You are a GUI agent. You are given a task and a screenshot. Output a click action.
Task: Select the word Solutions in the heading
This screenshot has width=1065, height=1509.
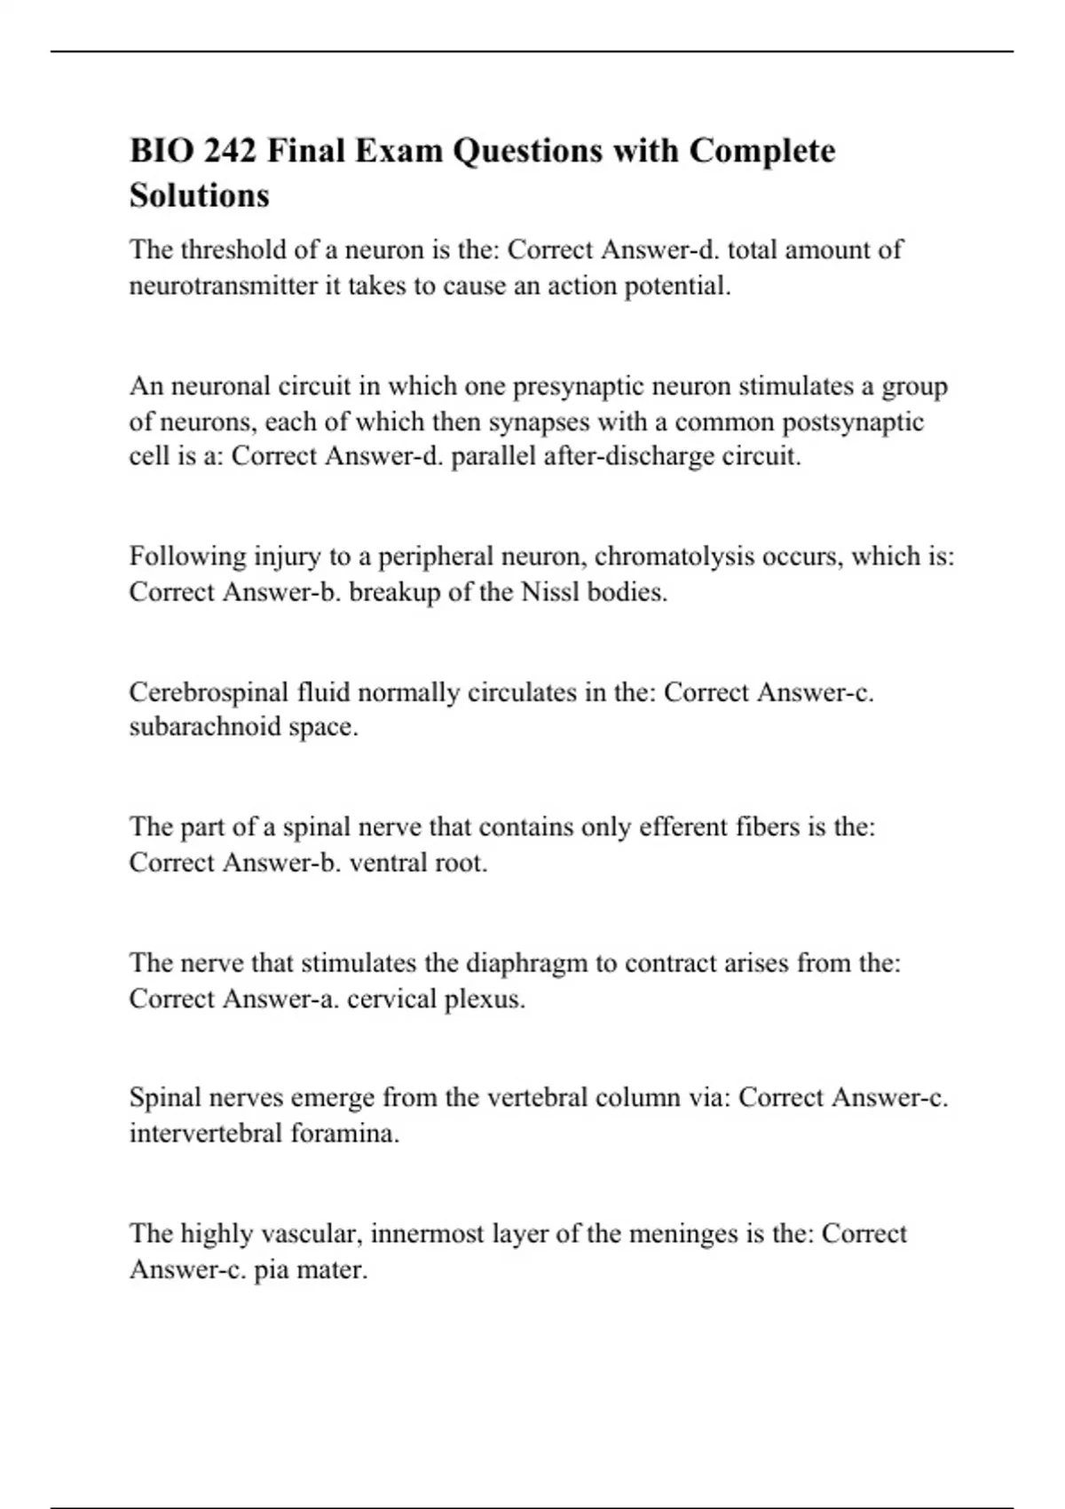coord(199,195)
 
